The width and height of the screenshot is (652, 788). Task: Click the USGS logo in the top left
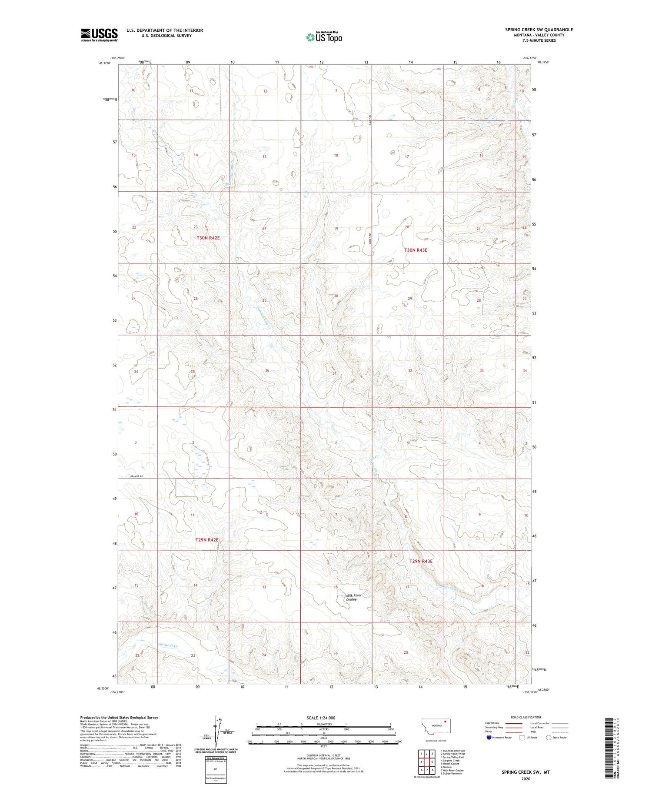coord(99,35)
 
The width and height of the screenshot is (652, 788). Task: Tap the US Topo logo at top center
coord(324,37)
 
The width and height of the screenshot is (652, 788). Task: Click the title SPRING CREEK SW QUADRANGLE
coord(539,30)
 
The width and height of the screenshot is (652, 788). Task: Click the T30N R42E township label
coord(208,238)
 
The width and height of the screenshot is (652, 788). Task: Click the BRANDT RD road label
coord(136,477)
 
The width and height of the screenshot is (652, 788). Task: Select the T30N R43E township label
coord(416,250)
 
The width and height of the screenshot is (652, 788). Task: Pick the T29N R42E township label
coord(207,539)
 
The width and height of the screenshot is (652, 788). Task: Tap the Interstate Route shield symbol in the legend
coord(489,738)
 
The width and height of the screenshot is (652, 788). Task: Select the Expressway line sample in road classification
coord(513,724)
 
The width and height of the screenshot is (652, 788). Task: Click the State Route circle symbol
coord(549,738)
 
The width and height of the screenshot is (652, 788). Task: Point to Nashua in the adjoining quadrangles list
coord(447,767)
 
